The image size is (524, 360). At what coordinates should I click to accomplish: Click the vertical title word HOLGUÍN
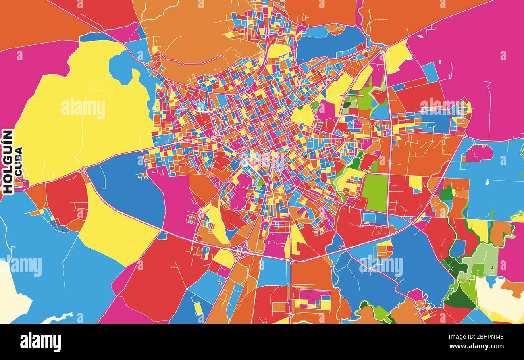point(8,162)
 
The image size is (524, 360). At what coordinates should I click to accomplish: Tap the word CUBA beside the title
point(18,161)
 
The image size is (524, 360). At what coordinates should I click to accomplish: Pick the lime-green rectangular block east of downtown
point(374,193)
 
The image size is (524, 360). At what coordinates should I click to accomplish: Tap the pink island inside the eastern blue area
point(479,153)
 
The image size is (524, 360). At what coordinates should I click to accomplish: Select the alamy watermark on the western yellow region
point(83,108)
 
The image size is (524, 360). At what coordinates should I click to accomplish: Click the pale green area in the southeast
point(484,258)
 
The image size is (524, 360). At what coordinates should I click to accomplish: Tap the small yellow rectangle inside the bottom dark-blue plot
point(198,308)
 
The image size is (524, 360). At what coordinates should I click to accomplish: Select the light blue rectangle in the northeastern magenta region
point(430,73)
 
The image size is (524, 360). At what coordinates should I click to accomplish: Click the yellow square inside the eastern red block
point(415,183)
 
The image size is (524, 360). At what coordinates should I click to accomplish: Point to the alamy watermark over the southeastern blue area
point(381,265)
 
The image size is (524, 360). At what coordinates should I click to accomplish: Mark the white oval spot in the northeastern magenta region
point(421,37)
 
